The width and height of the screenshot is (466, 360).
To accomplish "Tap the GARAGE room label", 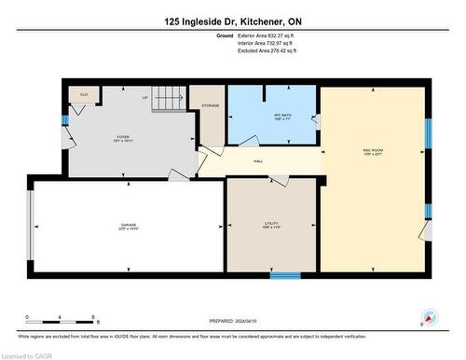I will pos(129,227).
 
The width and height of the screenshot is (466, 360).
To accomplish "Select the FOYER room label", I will pos(122,138).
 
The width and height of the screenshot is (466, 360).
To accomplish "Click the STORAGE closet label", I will pos(211,106).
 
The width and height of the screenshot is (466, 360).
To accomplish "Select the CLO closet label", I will pos(84,94).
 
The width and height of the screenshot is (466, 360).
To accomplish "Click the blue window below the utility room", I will pos(284,275).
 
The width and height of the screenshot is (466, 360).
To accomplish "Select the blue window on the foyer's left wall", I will pos(64,119).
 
